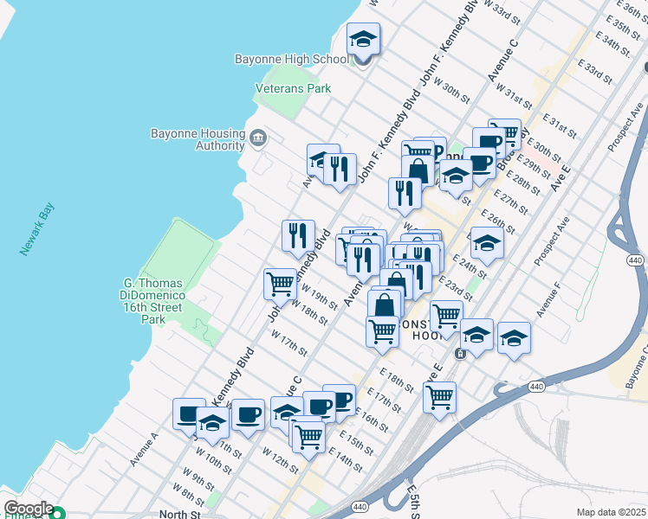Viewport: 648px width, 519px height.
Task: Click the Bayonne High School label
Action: (x=291, y=60)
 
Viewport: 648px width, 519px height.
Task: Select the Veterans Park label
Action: (x=293, y=88)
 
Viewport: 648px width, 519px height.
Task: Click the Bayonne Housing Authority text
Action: (x=198, y=140)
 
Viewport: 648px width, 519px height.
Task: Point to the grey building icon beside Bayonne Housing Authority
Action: (x=257, y=138)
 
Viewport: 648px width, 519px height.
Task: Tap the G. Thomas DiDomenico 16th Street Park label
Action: (x=152, y=301)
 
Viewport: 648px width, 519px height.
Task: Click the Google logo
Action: (x=29, y=509)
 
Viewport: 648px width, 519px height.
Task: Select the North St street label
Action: (x=179, y=514)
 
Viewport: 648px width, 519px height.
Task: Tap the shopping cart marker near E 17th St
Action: (x=440, y=398)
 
